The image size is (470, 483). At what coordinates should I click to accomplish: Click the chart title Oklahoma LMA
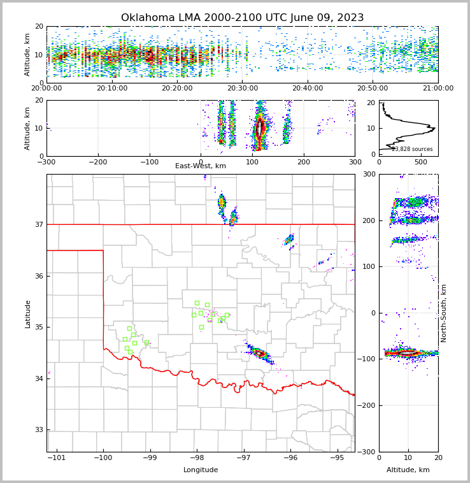pyautogui.click(x=242, y=18)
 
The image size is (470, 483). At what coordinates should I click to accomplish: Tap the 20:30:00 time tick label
pyautogui.click(x=243, y=89)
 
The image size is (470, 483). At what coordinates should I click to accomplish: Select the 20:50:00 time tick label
pyautogui.click(x=373, y=89)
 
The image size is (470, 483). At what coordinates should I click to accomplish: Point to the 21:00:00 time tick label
pyautogui.click(x=438, y=89)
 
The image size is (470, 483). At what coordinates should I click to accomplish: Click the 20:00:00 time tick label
pyautogui.click(x=47, y=89)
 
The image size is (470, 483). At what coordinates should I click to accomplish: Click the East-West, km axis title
pyautogui.click(x=201, y=166)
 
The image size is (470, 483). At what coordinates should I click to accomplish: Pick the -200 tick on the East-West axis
pyautogui.click(x=97, y=162)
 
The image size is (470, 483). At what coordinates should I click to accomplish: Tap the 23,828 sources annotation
pyautogui.click(x=412, y=149)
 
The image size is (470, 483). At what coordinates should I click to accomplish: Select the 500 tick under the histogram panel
pyautogui.click(x=421, y=162)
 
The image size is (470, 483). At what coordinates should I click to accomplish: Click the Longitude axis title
pyautogui.click(x=201, y=470)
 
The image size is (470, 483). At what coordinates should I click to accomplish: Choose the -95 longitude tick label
pyautogui.click(x=337, y=458)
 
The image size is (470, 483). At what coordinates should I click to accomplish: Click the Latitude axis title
pyautogui.click(x=27, y=314)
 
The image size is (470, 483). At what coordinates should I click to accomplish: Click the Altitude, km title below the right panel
pyautogui.click(x=408, y=470)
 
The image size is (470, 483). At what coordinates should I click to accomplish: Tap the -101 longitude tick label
pyautogui.click(x=57, y=458)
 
